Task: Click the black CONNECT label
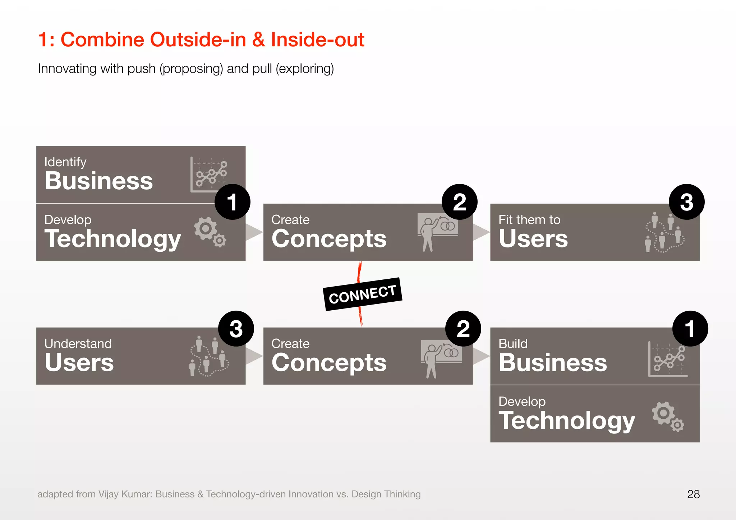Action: [362, 294]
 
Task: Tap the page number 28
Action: [693, 494]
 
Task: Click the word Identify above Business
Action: [65, 162]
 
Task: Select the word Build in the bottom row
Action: [513, 344]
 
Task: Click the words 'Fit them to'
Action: [529, 220]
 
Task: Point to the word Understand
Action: [78, 344]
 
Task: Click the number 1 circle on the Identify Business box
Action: [232, 202]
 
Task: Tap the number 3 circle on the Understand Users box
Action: [236, 329]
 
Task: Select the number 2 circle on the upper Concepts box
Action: [459, 202]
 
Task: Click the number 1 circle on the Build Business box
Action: [690, 329]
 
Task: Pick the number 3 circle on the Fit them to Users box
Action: [686, 202]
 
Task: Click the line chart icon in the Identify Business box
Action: [209, 175]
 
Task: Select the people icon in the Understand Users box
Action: [208, 356]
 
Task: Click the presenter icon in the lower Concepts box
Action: [441, 358]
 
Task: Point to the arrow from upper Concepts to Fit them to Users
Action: [481, 232]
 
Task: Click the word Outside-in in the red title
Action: [198, 40]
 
